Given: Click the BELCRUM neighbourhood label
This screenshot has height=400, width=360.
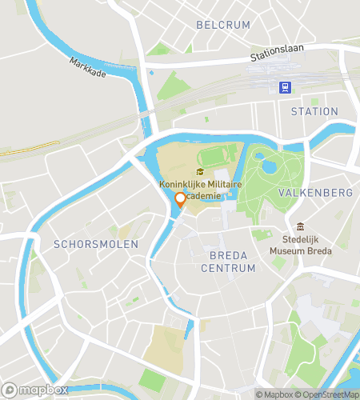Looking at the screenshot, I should [x=222, y=25].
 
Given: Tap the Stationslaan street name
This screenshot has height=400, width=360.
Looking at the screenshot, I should [x=278, y=54].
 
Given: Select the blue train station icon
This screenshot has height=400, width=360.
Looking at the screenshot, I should [x=284, y=86].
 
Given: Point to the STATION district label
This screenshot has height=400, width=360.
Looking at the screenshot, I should [x=314, y=111].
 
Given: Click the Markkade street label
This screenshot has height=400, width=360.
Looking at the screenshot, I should [x=87, y=66].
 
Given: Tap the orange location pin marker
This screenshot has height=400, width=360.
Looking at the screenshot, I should [x=181, y=200].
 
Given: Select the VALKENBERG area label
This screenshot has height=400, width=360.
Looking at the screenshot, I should [x=314, y=193].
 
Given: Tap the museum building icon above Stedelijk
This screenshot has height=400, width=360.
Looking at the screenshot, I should [x=300, y=227].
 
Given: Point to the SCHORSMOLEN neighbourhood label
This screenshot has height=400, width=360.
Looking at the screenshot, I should [x=96, y=243].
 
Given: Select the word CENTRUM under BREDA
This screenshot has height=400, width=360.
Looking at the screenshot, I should [x=228, y=268].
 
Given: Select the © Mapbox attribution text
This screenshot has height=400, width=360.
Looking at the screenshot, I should [x=274, y=394].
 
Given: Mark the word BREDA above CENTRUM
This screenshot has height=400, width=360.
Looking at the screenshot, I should [x=228, y=255].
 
